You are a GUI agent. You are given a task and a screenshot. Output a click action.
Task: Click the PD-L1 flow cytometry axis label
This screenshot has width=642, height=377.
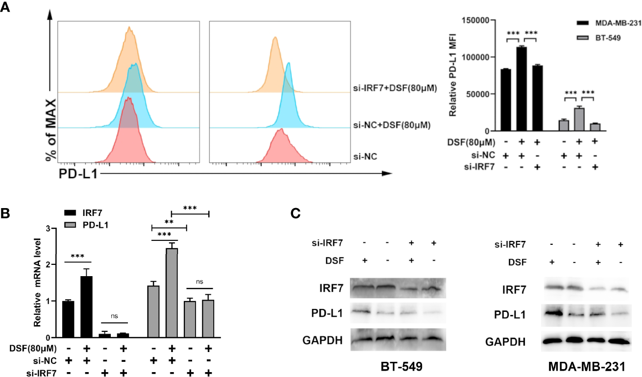[x=77, y=173]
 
